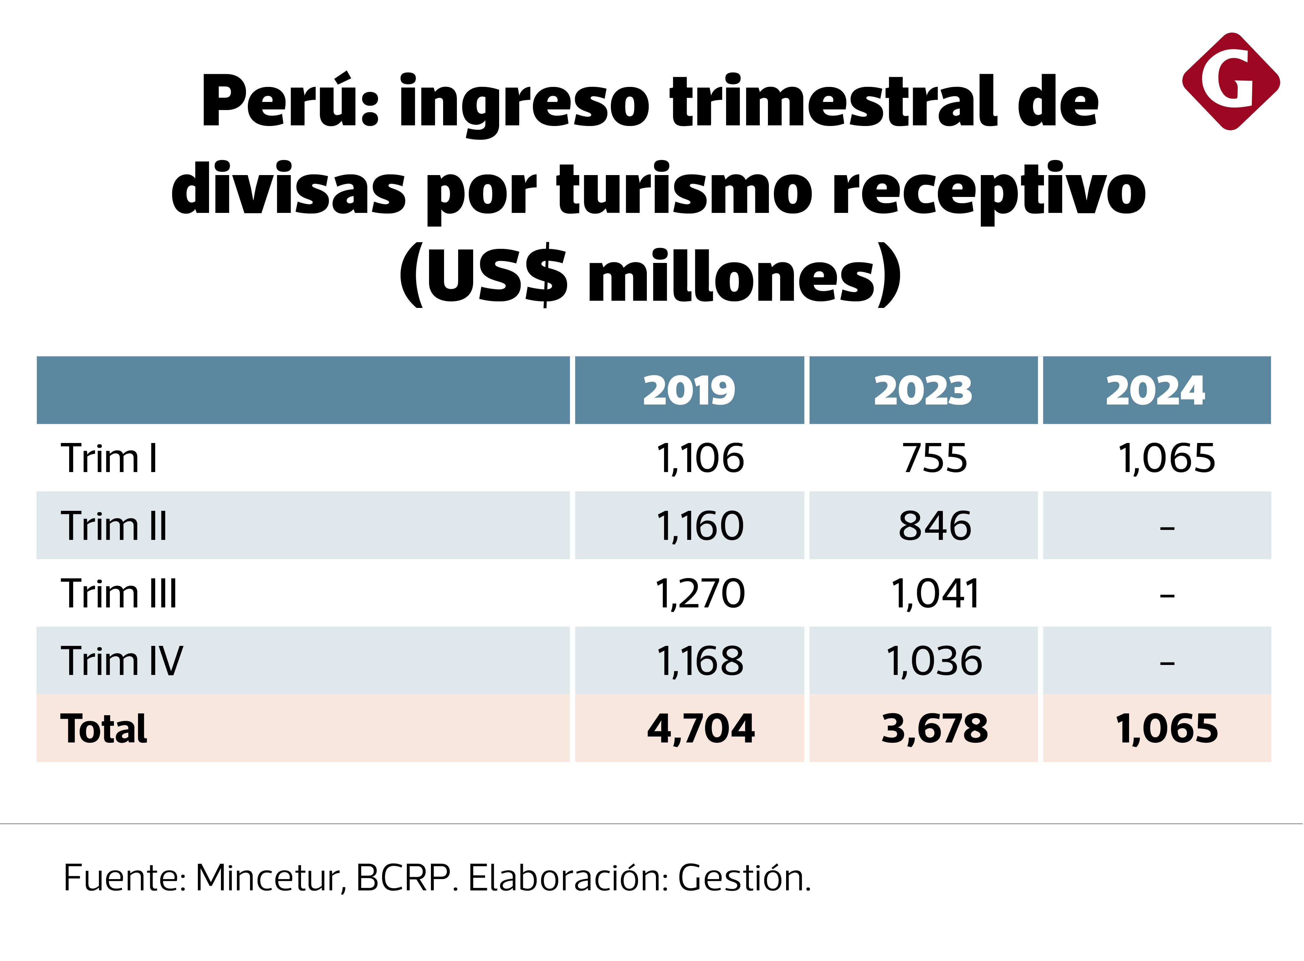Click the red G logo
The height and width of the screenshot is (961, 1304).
(1231, 82)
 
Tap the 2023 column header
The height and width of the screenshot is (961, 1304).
(923, 390)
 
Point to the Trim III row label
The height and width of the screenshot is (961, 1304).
(119, 594)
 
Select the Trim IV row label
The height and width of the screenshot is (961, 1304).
(122, 662)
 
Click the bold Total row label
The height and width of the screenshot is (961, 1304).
(104, 729)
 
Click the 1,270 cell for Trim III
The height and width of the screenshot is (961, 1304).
(700, 594)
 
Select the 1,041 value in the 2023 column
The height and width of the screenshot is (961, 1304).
(934, 594)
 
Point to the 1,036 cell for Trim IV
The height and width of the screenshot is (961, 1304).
(934, 662)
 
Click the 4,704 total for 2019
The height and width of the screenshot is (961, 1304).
(700, 729)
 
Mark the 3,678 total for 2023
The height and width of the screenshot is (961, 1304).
(934, 729)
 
